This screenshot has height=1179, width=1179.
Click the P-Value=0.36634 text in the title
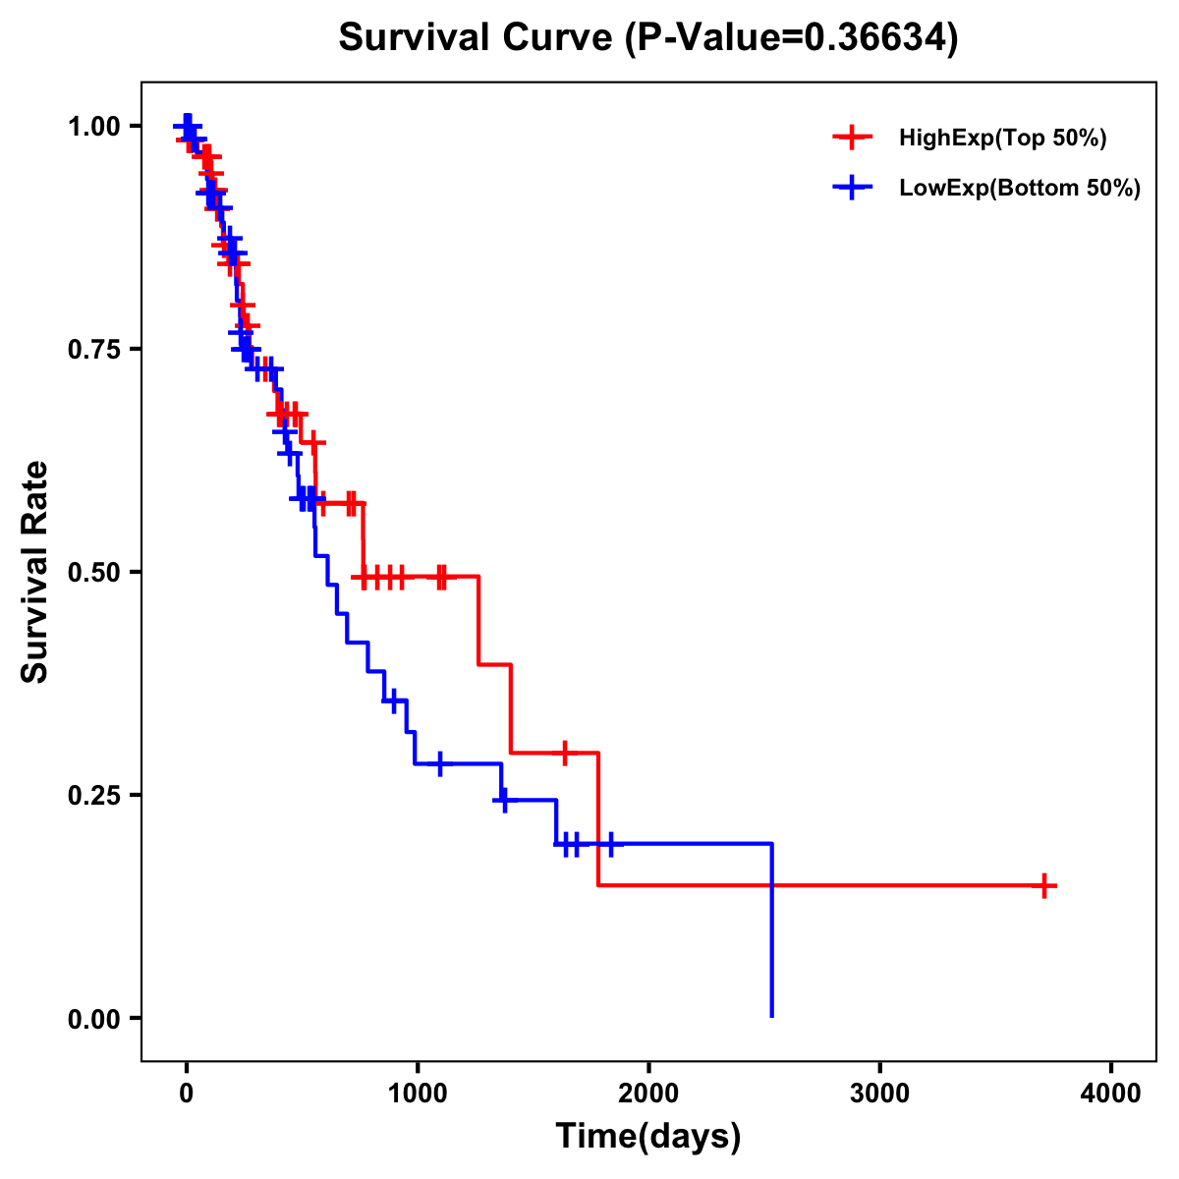coord(792,38)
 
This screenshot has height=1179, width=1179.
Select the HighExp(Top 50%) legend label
coord(1003,139)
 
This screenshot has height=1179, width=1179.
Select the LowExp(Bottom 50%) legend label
coord(1020,189)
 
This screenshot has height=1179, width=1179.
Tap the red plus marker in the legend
coord(852,139)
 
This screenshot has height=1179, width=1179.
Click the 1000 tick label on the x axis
coord(418,1094)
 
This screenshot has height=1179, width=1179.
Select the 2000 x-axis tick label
coord(648,1094)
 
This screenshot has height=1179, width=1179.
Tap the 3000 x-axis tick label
coord(880,1094)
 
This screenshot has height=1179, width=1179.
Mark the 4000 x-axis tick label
coord(1111,1094)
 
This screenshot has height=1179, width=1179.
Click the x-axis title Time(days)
coord(648,1137)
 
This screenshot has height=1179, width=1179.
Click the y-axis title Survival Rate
coord(36,572)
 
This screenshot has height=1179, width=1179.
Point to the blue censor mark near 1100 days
coord(439,763)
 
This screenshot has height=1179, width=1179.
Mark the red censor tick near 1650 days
coord(565,753)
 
